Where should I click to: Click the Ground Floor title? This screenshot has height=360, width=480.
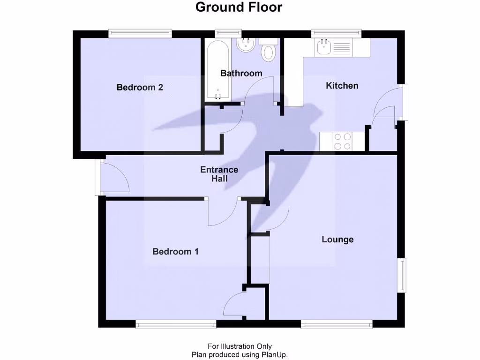[x=239, y=7]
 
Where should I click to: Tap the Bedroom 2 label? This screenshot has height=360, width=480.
[x=140, y=87]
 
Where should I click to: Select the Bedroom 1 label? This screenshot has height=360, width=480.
[x=175, y=252]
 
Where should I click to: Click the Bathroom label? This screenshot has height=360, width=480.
[x=241, y=73]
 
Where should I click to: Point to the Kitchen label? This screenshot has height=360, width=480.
[x=342, y=85]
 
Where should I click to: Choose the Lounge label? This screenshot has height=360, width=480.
[x=337, y=240]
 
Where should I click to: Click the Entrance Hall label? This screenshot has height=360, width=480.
[x=219, y=174]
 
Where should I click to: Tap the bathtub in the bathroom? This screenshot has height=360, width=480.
[x=217, y=70]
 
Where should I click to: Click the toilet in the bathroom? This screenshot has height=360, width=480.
[x=269, y=51]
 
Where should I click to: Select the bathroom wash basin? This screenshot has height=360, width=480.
[x=245, y=45]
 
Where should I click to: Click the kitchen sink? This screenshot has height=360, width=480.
[x=324, y=46]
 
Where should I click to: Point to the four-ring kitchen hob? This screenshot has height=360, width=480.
[x=342, y=142]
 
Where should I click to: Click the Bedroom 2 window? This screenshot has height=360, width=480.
[x=140, y=33]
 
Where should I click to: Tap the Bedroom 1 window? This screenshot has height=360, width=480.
[x=176, y=324]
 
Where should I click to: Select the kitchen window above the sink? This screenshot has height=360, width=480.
[x=337, y=33]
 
